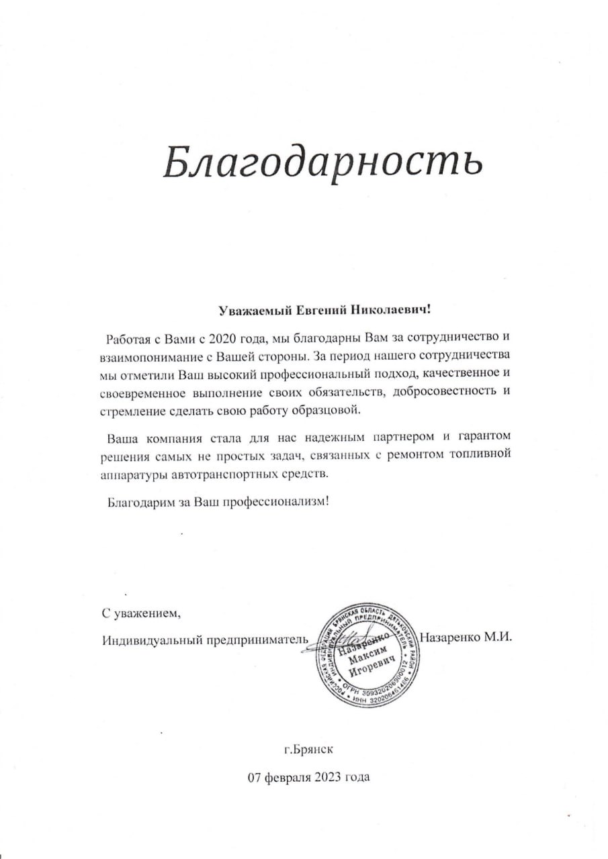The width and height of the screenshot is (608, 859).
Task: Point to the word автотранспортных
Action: point(212,474)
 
